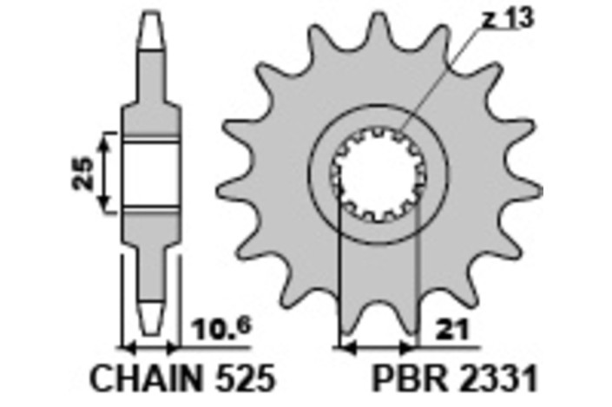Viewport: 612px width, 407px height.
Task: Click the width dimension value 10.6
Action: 210,330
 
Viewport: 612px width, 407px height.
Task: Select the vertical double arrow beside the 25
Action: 105,172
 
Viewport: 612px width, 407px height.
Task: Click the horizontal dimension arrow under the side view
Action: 152,348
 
